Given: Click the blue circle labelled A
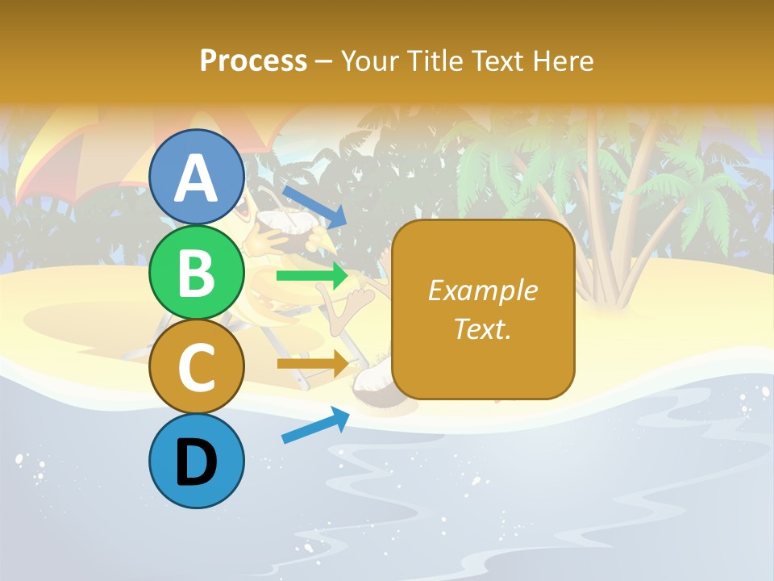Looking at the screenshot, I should [x=197, y=177].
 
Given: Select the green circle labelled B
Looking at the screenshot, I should [x=197, y=273].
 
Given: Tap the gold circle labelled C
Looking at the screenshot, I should [x=197, y=367].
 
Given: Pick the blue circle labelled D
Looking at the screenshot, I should [x=197, y=462].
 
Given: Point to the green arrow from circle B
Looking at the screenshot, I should [x=312, y=276].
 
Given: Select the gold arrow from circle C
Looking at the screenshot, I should [x=312, y=364].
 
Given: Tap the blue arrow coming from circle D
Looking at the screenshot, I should [x=315, y=425].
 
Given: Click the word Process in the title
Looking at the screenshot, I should [x=253, y=61].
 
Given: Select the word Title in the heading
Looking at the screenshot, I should [x=435, y=61].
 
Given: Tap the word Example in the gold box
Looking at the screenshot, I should [x=482, y=290].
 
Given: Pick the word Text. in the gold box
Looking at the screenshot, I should [x=482, y=328].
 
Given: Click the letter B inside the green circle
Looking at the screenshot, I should [x=197, y=273].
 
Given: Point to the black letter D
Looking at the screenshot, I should [x=197, y=462].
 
